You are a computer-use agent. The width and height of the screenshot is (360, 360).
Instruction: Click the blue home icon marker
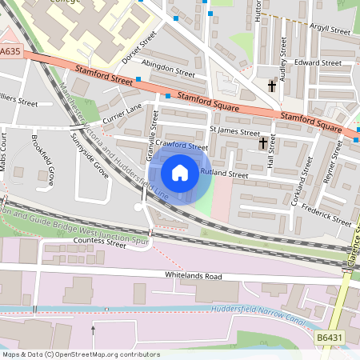[x=180, y=172]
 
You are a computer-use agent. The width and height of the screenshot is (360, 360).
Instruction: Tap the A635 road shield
[x=10, y=51]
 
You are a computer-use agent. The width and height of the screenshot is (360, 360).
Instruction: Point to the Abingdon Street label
[x=167, y=72]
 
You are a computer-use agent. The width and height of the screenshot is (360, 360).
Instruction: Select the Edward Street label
[x=318, y=62]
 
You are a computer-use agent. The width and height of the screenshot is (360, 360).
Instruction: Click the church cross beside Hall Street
[x=262, y=143]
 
